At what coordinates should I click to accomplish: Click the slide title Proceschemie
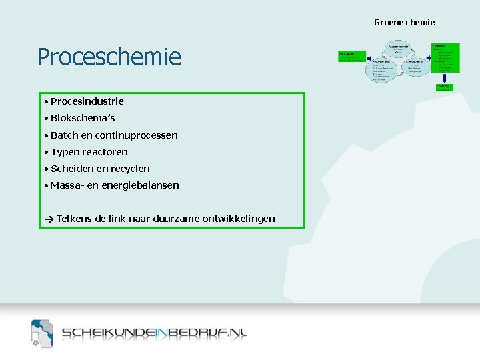pos(109,57)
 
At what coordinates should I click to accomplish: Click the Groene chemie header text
pos(404,22)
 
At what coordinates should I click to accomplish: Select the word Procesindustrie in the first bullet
pos(87,101)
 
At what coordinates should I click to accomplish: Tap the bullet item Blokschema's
pos(83,118)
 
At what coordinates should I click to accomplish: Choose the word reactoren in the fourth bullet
pos(105,152)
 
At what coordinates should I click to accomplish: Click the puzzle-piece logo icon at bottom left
pos(42,333)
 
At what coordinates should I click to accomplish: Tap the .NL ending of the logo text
pos(236,334)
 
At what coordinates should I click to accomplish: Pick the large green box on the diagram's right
pos(446,58)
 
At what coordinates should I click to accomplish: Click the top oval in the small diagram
pos(399,49)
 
